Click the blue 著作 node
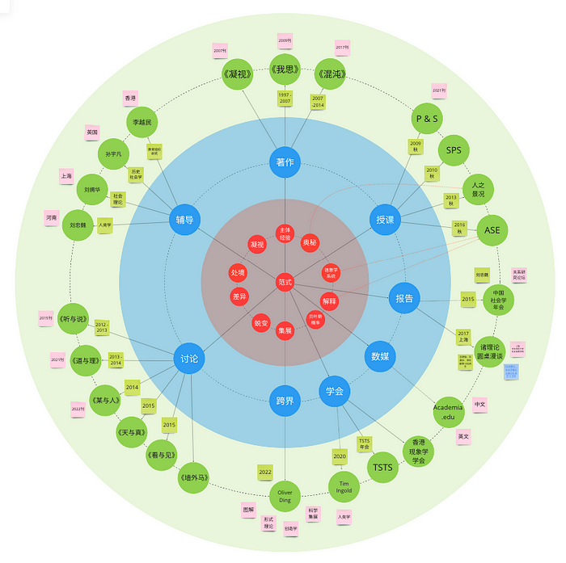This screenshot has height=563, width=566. point(285,162)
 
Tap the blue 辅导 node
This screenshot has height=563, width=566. point(184,219)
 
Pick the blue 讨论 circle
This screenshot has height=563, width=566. point(190,358)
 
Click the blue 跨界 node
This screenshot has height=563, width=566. point(285,400)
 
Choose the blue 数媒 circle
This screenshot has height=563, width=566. point(380,355)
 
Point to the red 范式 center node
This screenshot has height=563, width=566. point(285,281)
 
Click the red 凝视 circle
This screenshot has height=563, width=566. point(257,243)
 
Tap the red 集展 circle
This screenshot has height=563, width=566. point(285,330)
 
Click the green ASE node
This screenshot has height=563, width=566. point(492,230)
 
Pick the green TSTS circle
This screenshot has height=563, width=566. point(382,467)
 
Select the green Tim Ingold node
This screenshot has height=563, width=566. point(344,486)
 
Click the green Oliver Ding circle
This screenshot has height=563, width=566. point(285,495)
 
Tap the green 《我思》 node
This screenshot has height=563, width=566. point(285,70)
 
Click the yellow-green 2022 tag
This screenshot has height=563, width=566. point(265,471)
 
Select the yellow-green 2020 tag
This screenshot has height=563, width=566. point(340,456)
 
